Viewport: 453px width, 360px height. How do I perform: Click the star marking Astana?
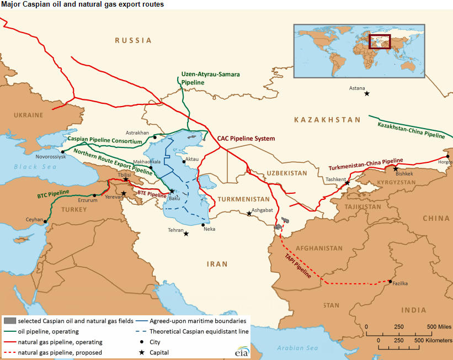[x=367, y=93]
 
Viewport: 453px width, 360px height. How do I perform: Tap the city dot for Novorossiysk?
[x=63, y=151]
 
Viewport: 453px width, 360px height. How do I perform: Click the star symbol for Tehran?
[x=186, y=234]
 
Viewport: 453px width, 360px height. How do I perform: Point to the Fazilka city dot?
[x=390, y=282]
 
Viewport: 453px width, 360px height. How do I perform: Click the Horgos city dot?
[x=448, y=156]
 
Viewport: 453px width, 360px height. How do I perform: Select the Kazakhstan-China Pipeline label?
[x=411, y=129]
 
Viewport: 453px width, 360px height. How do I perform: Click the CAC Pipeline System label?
[x=246, y=139]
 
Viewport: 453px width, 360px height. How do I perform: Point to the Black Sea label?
[x=33, y=166]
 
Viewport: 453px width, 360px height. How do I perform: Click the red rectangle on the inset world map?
[x=379, y=42]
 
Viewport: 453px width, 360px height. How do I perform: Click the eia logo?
[x=242, y=352]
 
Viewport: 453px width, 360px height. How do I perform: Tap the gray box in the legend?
[x=9, y=320]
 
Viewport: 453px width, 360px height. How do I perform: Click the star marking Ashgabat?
[x=249, y=214]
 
